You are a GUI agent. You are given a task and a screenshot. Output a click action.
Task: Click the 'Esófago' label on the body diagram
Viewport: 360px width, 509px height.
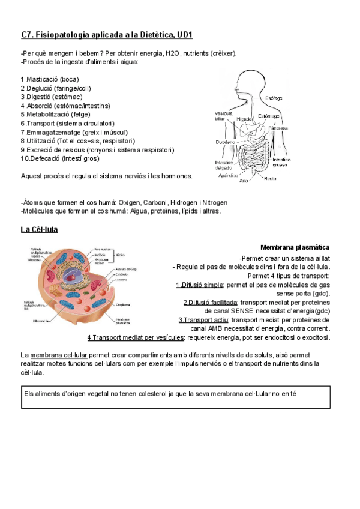[274, 98]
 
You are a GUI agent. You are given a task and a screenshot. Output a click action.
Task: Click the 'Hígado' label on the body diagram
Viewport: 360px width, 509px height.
[244, 119]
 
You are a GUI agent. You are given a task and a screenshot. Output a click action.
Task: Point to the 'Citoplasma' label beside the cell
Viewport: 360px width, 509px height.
[124, 304]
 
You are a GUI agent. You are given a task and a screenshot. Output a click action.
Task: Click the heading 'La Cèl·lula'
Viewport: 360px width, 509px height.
[39, 229]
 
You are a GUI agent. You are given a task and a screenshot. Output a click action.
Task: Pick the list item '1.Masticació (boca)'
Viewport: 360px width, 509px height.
[49, 79]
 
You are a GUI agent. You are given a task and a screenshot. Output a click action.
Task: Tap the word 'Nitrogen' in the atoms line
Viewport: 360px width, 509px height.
[214, 202]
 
